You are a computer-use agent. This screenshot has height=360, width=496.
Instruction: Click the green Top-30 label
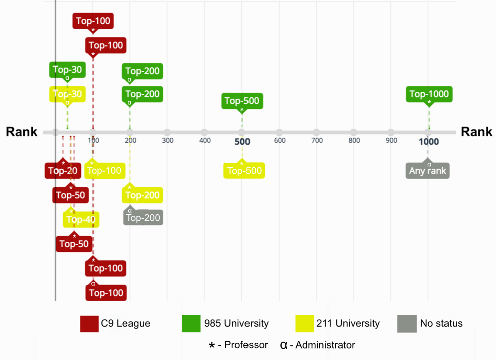click(67, 70)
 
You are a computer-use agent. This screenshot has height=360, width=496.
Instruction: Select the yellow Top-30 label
click(67, 94)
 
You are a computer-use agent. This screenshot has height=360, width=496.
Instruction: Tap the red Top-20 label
click(63, 171)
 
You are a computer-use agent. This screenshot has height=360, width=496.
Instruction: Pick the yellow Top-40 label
click(81, 219)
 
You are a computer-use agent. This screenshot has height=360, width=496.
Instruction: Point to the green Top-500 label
click(242, 101)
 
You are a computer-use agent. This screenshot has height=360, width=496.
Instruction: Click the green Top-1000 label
click(429, 94)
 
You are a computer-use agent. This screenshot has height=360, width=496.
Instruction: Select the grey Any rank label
click(428, 171)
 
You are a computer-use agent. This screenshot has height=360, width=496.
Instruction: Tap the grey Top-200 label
click(143, 218)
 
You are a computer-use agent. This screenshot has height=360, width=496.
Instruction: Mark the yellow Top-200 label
click(142, 195)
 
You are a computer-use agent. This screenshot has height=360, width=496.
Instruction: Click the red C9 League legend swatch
click(89, 323)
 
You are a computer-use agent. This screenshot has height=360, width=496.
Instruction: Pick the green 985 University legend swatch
click(191, 323)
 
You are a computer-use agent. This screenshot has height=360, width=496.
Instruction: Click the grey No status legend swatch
click(407, 323)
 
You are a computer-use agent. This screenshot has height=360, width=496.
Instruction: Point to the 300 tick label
click(168, 141)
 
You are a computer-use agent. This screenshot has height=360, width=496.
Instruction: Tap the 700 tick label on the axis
click(317, 141)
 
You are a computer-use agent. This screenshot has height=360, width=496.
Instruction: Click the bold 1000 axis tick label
click(429, 142)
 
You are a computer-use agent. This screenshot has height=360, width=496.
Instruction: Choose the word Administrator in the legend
click(326, 345)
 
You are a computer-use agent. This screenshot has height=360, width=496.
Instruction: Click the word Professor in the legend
click(246, 345)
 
